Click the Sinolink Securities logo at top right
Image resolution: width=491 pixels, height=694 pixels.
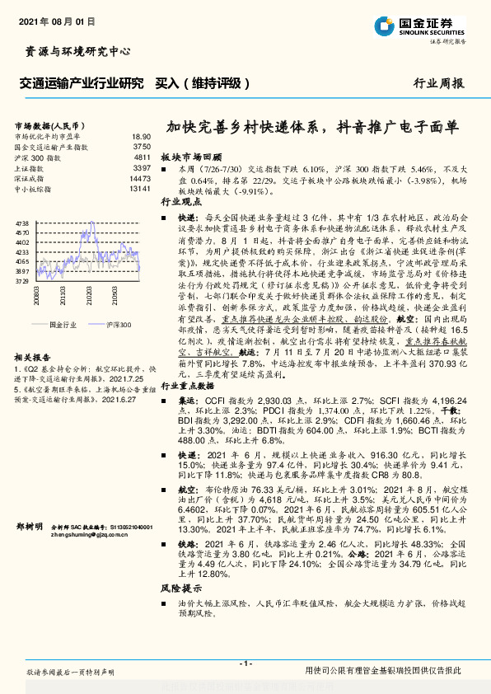pos(428,25)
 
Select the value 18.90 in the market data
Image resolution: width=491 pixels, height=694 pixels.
pos(142,136)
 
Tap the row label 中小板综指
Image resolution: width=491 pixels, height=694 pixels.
pos(34,190)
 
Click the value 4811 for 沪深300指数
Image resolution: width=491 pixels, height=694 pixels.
pos(142,157)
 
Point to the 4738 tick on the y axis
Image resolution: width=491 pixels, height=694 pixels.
pos(22,223)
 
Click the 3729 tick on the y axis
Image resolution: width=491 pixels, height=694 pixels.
pos(22,281)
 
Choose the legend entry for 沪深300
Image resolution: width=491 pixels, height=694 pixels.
pos(117,326)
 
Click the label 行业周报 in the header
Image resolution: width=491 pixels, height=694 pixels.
pos(437,83)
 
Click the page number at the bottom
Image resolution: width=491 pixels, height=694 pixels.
pos(245,664)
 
